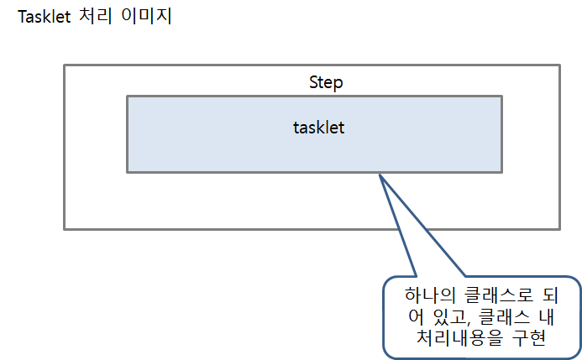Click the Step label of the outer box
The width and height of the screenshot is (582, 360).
click(x=326, y=83)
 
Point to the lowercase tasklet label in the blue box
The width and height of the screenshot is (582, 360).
click(x=319, y=128)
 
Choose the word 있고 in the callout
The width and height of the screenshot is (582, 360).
click(x=445, y=317)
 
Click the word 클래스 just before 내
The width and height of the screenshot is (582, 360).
click(x=508, y=317)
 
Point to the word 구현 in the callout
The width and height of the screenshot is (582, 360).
click(x=529, y=338)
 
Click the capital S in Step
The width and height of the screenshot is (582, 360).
click(x=314, y=83)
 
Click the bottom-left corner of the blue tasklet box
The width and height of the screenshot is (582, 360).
click(x=128, y=172)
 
